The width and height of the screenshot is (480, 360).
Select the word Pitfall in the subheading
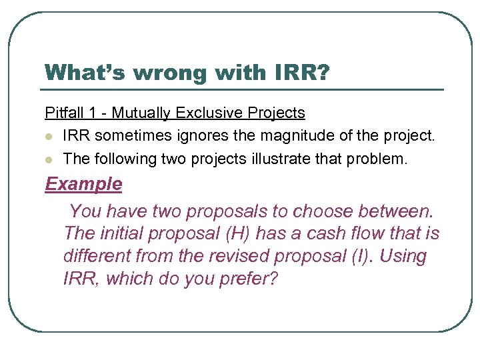tap(61, 113)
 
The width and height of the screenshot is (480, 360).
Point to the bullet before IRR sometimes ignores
tap(49, 137)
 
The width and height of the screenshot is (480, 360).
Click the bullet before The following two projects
tap(49, 159)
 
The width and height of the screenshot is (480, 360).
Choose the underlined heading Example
tap(83, 183)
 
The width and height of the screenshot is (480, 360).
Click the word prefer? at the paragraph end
tap(246, 279)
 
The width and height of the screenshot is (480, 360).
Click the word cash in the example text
tap(324, 233)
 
